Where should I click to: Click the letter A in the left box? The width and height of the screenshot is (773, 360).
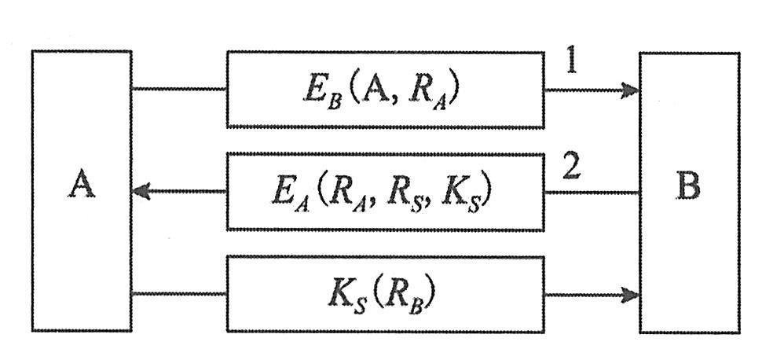tap(82, 186)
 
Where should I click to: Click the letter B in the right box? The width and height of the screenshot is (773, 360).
tap(688, 187)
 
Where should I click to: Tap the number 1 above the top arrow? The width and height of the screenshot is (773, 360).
tap(572, 62)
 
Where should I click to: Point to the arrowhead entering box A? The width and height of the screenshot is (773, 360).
tap(144, 191)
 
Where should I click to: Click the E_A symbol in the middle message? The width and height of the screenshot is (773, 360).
tap(288, 193)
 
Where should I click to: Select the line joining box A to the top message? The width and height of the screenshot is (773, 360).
tap(179, 89)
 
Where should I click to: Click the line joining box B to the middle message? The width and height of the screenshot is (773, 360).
tap(591, 192)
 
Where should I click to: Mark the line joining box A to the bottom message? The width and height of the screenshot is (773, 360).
tap(179, 295)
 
